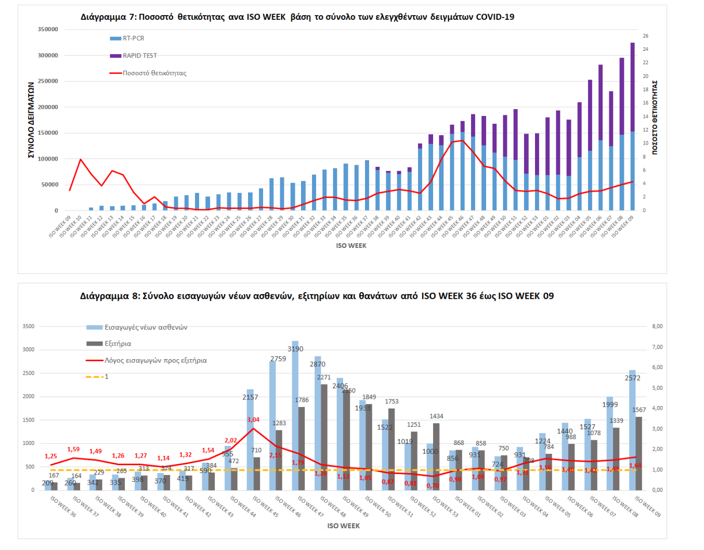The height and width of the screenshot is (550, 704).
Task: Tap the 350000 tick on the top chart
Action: coord(48,30)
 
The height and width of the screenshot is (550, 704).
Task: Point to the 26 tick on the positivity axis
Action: coord(645,36)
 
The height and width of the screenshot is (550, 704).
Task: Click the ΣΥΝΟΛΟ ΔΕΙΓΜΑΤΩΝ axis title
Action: coord(31,120)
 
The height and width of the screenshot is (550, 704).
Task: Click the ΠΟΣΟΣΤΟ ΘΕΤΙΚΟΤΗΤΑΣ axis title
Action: coord(655,117)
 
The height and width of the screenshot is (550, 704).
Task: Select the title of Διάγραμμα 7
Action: coord(297,17)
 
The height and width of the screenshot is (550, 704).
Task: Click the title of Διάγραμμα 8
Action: coord(317,296)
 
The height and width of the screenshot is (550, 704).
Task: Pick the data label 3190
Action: coord(295,349)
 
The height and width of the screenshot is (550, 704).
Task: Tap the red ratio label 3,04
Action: coord(253,420)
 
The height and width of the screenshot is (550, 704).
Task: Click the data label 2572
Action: coord(632,378)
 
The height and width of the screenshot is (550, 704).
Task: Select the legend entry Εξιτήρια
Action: coord(118,344)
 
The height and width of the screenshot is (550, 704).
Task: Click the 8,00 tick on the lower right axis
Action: coord(657,326)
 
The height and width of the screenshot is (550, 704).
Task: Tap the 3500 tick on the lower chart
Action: coord(29,326)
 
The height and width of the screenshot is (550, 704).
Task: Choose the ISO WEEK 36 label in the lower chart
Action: coord(63,506)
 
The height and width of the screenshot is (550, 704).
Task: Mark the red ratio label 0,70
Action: coord(433,486)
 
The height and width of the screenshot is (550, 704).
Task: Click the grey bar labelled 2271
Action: coord(324,437)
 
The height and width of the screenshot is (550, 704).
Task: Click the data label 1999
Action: coord(610,404)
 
